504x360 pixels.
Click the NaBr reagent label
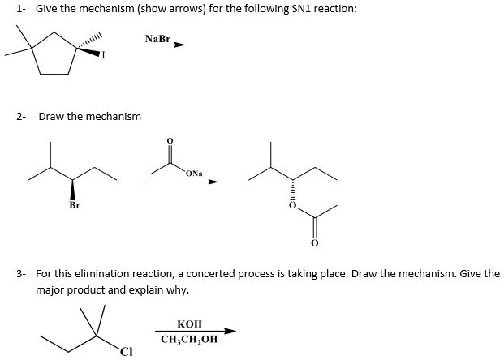point(159,38)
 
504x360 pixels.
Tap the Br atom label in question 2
point(74,206)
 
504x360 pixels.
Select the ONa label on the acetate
point(193,173)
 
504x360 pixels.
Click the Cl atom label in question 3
point(124,351)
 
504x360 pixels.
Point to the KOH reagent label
point(189,323)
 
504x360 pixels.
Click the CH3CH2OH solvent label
point(189,339)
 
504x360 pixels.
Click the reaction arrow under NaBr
point(160,45)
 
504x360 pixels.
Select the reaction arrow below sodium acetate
point(181,182)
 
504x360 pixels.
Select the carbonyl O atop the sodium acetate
point(169,140)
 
